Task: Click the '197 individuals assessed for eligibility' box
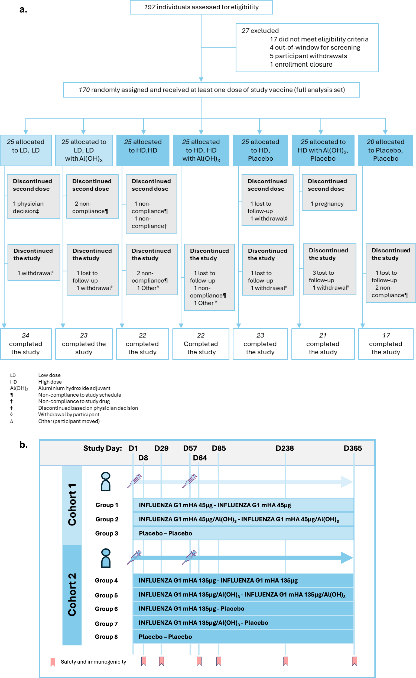click(201, 7)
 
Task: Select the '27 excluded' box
click(307, 48)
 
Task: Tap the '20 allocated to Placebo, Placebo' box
click(385, 150)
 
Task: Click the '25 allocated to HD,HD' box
click(143, 150)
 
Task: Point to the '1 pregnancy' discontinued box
click(329, 192)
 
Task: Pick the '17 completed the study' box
click(386, 344)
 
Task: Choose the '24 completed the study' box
click(25, 344)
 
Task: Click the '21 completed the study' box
click(323, 344)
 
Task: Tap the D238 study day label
click(285, 448)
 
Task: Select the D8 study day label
click(143, 458)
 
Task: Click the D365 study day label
click(353, 448)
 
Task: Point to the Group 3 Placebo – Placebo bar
click(243, 533)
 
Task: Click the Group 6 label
click(106, 609)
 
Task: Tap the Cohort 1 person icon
click(106, 482)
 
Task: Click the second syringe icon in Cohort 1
click(190, 481)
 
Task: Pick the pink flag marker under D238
click(285, 661)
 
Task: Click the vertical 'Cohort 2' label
click(72, 594)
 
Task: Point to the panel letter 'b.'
click(23, 445)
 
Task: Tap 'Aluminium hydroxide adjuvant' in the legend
click(74, 388)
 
